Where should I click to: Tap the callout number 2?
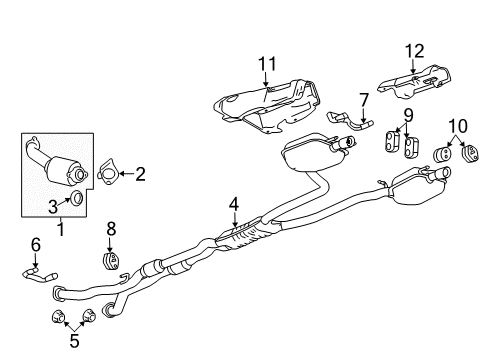(141, 174)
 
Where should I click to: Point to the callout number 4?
(233, 205)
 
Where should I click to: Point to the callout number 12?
(414, 49)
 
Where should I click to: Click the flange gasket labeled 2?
(107, 174)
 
